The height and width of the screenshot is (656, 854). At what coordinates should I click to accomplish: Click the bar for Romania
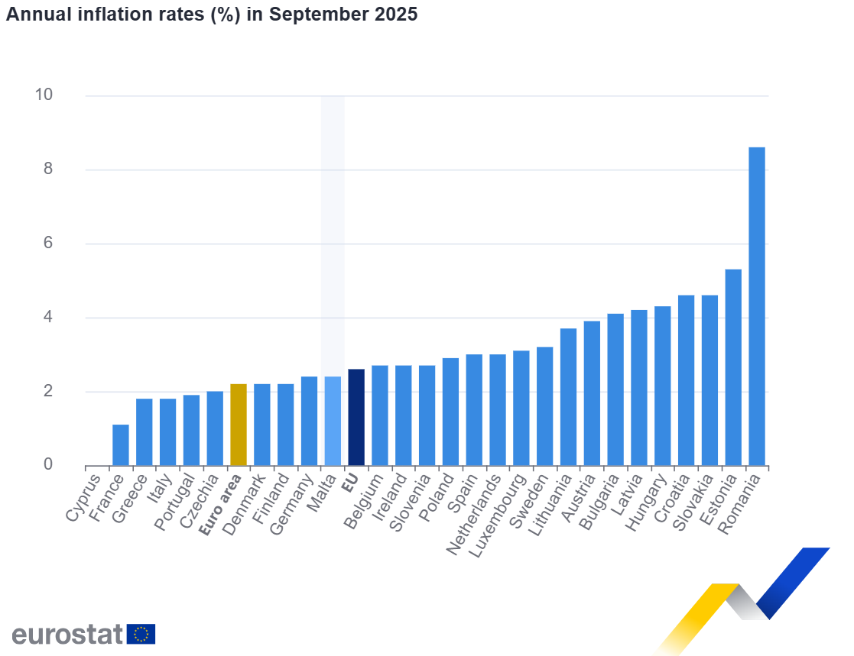click(756, 305)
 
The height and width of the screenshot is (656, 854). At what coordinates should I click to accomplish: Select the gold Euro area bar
click(238, 425)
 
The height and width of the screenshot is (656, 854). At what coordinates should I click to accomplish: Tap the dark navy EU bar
click(356, 417)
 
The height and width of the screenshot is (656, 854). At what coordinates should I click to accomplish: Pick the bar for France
click(121, 445)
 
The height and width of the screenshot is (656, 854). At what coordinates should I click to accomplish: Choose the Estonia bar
click(732, 367)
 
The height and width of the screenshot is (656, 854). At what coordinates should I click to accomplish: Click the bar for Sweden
click(544, 406)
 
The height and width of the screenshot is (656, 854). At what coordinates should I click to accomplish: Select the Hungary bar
click(662, 386)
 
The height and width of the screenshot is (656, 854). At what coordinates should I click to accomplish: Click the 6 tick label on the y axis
click(47, 243)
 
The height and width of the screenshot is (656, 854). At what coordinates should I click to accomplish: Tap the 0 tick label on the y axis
click(47, 464)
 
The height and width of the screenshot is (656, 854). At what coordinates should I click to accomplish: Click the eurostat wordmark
click(67, 634)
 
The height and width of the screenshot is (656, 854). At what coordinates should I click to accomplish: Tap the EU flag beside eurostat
click(141, 634)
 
